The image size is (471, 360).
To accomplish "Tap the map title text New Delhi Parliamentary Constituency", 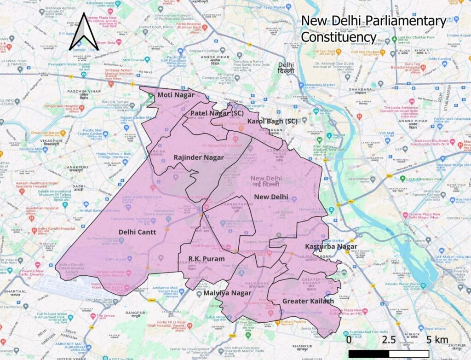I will [x=373, y=29].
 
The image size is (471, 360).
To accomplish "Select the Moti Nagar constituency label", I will [x=176, y=95].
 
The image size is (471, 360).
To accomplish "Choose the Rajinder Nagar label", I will [x=198, y=157].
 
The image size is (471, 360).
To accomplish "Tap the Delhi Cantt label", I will [x=137, y=232].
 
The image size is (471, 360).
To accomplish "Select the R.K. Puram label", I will [x=207, y=259].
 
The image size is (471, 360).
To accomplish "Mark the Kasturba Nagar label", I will [x=331, y=247].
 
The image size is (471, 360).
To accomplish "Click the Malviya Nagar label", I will [x=224, y=293].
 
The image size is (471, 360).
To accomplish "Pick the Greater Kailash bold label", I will [x=308, y=301].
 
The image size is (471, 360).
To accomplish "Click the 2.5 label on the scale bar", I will [x=389, y=340].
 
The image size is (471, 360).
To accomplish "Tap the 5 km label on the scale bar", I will [x=437, y=340].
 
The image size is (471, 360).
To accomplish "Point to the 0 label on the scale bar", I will [x=349, y=340].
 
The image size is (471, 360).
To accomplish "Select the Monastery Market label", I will [x=322, y=85].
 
